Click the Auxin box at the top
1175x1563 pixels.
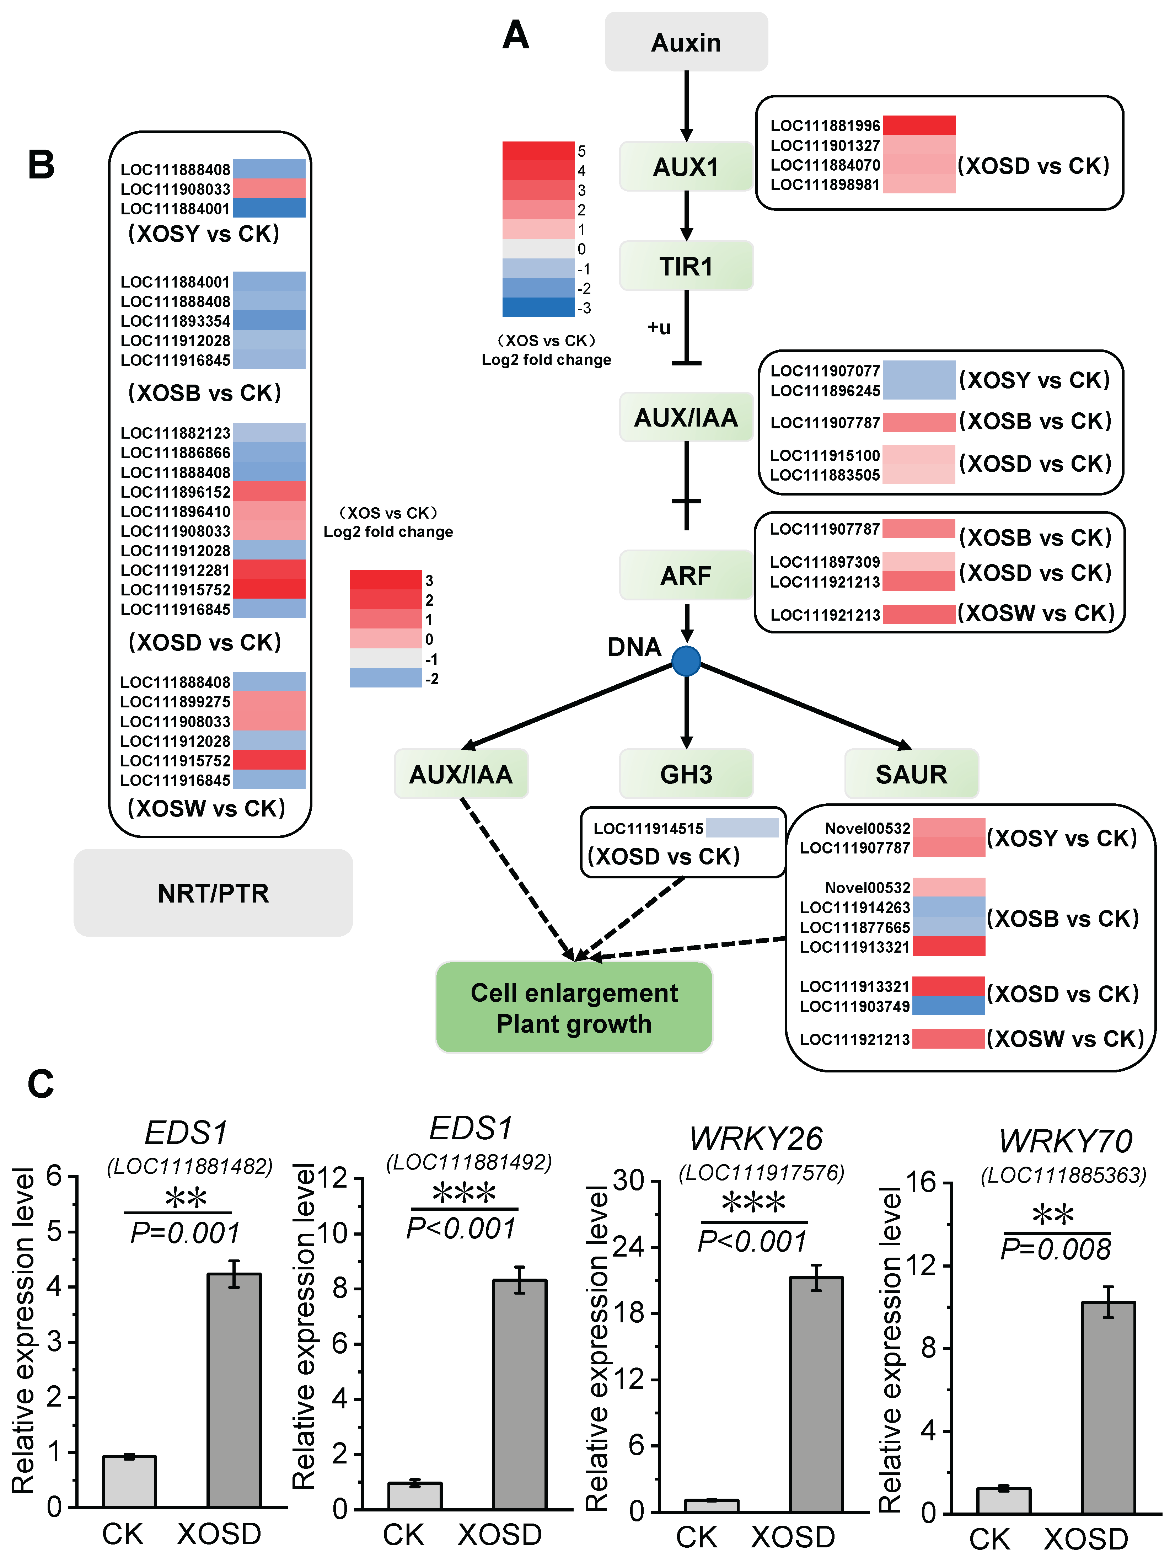point(685,42)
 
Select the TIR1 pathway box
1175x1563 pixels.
point(685,266)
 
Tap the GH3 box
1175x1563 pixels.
point(685,775)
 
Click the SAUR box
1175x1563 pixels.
point(911,775)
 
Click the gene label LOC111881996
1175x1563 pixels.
point(825,126)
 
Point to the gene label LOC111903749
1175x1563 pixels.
point(854,1006)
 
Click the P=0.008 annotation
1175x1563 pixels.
point(1056,1249)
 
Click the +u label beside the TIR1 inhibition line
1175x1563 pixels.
point(659,327)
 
